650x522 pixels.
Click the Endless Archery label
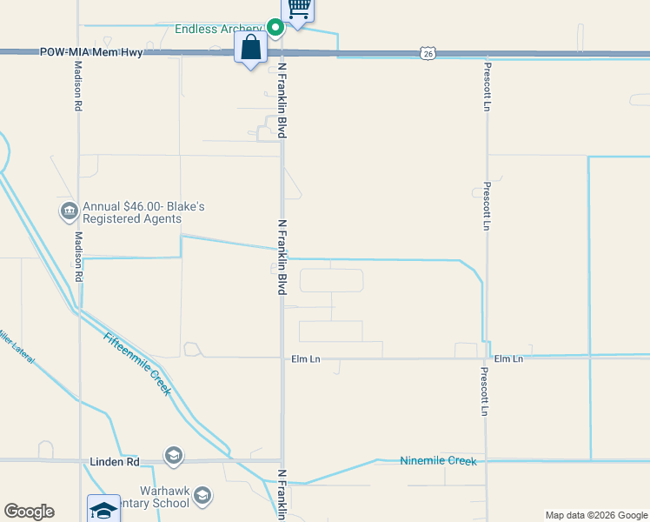pyautogui.click(x=218, y=29)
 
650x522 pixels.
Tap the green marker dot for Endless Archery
pyautogui.click(x=275, y=28)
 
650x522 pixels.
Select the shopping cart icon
pyautogui.click(x=299, y=9)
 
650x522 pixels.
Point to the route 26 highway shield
pyautogui.click(x=427, y=54)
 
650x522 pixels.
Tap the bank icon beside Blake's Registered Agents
pyautogui.click(x=69, y=211)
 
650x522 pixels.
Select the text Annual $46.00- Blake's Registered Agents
pyautogui.click(x=143, y=213)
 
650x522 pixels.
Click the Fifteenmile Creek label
pyautogui.click(x=137, y=364)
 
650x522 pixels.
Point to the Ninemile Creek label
pyautogui.click(x=438, y=460)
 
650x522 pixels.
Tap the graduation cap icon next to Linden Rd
pyautogui.click(x=174, y=456)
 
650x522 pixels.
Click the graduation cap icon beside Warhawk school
pyautogui.click(x=202, y=496)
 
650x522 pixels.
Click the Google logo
pyautogui.click(x=29, y=512)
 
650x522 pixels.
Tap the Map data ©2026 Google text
pyautogui.click(x=596, y=515)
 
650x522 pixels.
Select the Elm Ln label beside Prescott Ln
pyautogui.click(x=508, y=358)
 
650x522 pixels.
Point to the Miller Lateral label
pyautogui.click(x=15, y=345)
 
